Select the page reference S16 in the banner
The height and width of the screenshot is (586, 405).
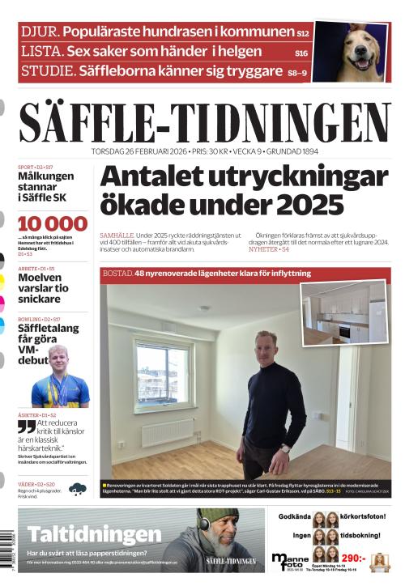(301, 53)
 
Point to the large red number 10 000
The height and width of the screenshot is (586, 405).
(53, 224)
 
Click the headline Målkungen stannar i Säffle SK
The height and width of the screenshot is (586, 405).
(46, 186)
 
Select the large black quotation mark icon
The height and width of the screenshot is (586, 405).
(27, 427)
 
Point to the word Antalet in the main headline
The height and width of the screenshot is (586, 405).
(157, 177)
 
